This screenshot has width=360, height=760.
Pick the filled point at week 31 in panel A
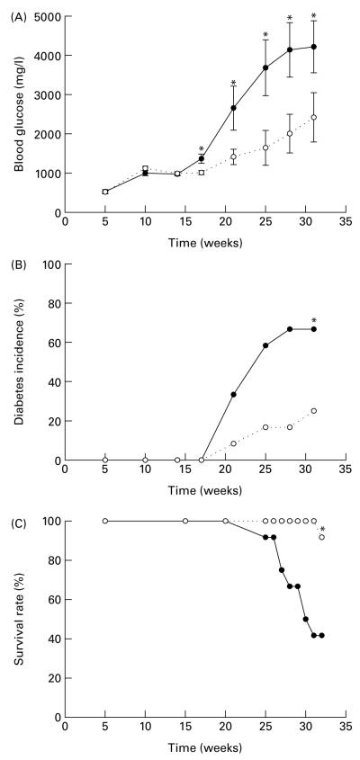tap(313, 47)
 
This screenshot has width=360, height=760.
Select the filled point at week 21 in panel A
tap(233, 108)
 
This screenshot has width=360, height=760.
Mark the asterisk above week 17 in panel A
tap(201, 149)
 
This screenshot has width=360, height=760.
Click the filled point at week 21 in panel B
tap(233, 395)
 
